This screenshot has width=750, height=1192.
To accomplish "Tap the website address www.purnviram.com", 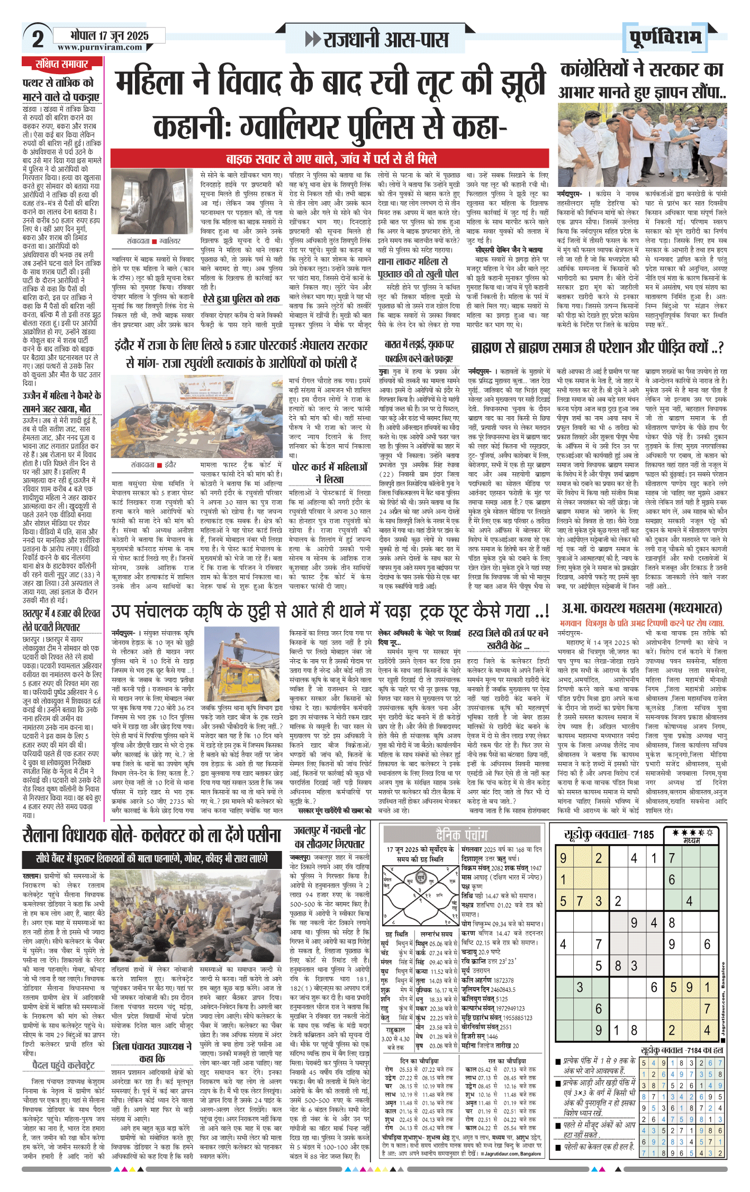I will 100,47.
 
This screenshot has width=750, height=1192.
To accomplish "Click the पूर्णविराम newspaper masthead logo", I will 665,38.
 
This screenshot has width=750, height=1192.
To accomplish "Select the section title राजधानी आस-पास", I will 377,40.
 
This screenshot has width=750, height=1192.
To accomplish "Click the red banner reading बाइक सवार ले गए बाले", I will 331,159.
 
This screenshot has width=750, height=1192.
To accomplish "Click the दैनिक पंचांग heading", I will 461,835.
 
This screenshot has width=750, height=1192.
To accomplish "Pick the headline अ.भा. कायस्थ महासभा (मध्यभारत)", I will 641,607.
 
